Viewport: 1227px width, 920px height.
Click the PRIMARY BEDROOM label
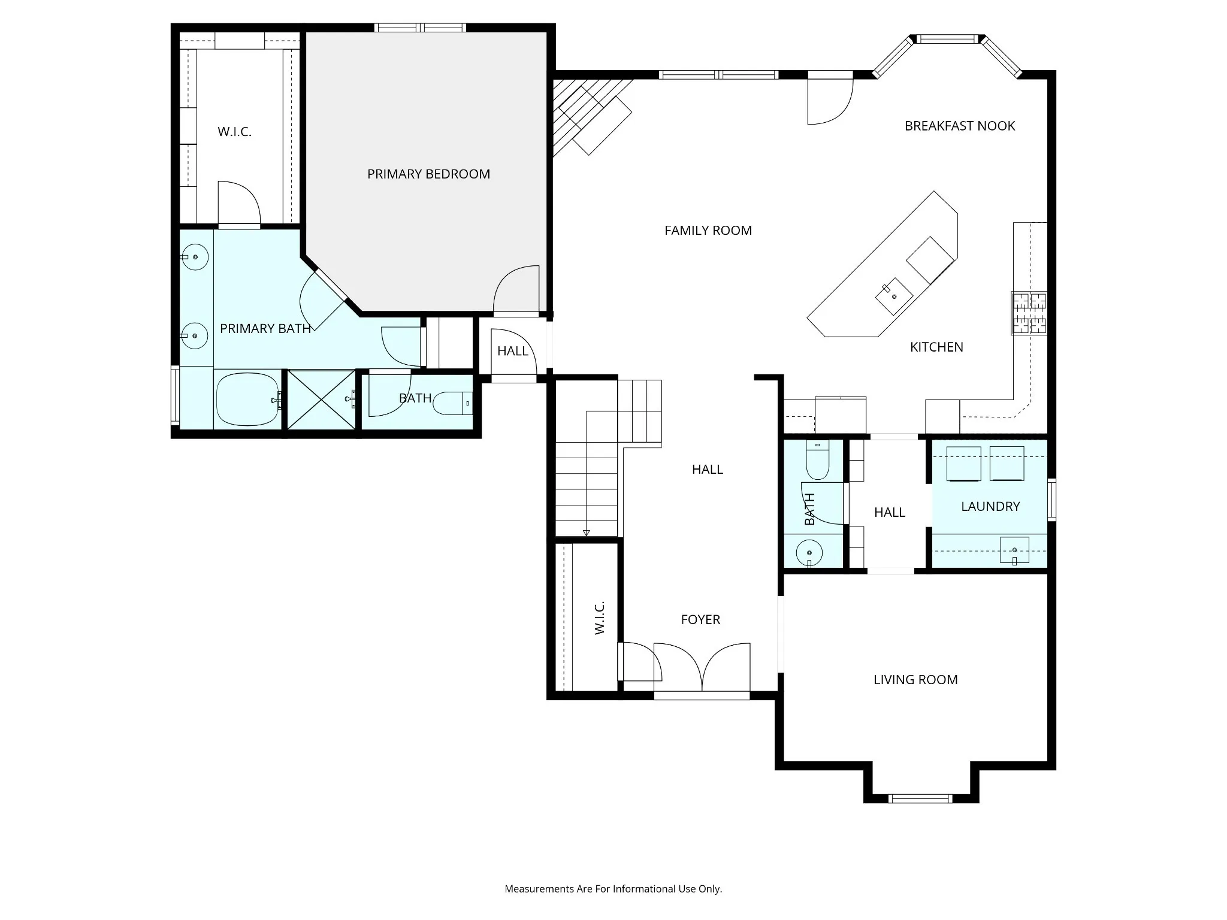(x=428, y=174)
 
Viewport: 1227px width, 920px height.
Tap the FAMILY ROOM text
(x=708, y=231)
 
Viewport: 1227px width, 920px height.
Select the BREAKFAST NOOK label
(x=960, y=126)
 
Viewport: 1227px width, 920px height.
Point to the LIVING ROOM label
(x=915, y=680)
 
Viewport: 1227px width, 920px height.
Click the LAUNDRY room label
(x=990, y=507)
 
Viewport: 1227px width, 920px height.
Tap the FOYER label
(x=700, y=620)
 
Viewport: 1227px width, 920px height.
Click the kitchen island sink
(x=894, y=296)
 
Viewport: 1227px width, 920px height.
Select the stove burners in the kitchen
(x=1029, y=313)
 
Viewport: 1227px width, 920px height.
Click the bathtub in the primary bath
(x=247, y=400)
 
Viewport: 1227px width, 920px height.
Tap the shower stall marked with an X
(x=322, y=400)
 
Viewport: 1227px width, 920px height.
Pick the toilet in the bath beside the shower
(x=452, y=404)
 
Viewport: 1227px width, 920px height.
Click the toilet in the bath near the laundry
(x=817, y=459)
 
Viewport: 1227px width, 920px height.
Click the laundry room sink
(x=1014, y=550)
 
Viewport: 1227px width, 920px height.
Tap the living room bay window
(x=920, y=798)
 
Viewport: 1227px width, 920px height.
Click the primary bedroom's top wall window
(x=420, y=28)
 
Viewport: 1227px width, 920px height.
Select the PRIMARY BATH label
(x=265, y=329)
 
